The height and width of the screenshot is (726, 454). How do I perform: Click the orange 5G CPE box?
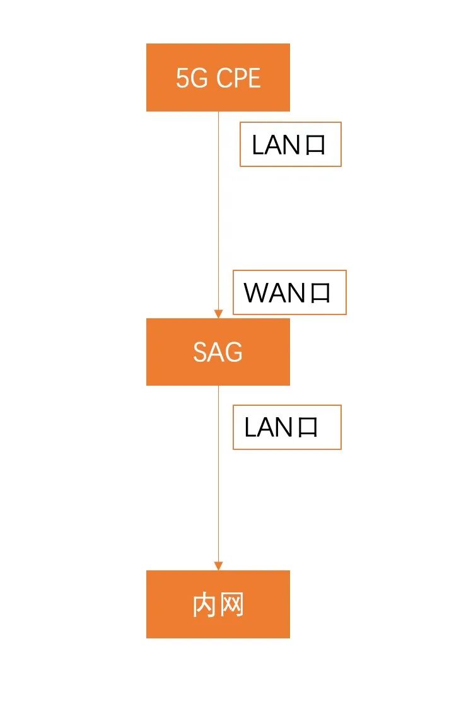pyautogui.click(x=218, y=78)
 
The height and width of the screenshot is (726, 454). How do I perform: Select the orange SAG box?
pyautogui.click(x=218, y=352)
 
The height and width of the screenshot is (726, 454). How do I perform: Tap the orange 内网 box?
pyautogui.click(x=218, y=604)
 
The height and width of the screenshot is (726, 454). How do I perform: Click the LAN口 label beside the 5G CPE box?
pyautogui.click(x=290, y=144)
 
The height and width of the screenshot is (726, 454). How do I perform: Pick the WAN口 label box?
pyautogui.click(x=289, y=292)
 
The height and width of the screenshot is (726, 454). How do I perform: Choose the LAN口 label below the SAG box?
pyautogui.click(x=287, y=427)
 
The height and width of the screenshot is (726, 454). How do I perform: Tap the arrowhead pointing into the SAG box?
pyautogui.click(x=218, y=313)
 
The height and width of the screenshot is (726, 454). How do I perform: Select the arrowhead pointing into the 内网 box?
pyautogui.click(x=218, y=565)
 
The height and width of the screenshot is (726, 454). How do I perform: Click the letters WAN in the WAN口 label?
pyautogui.click(x=274, y=293)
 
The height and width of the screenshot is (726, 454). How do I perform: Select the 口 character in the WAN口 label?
pyautogui.click(x=320, y=293)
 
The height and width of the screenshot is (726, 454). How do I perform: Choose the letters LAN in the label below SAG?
pyautogui.click(x=268, y=428)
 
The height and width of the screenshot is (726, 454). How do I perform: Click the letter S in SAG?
pyautogui.click(x=199, y=352)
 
